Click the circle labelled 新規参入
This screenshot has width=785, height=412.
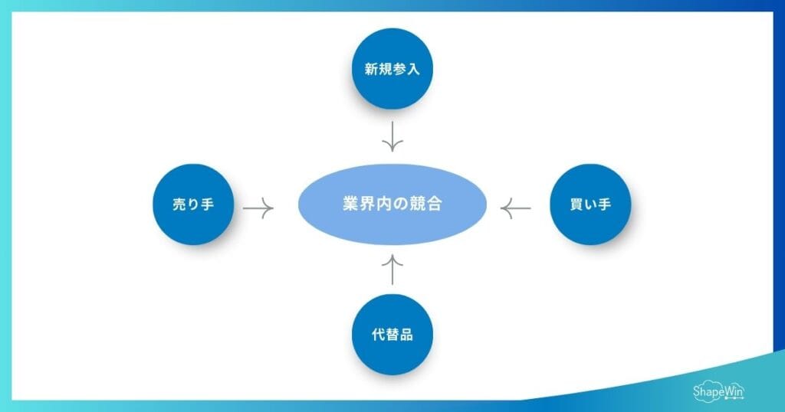tap(392, 69)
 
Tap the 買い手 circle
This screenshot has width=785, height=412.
tap(590, 204)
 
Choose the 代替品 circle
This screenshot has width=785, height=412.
tap(392, 335)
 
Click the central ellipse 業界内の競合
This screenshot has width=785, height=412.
tap(392, 204)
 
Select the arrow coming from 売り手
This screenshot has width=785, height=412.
tap(258, 207)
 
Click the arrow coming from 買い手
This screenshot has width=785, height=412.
tap(516, 207)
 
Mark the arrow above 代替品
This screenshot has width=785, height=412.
tap(392, 270)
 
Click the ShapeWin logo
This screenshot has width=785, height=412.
tap(718, 391)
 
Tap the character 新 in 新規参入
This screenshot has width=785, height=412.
tap(371, 70)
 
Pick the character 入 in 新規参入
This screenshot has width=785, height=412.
tap(414, 70)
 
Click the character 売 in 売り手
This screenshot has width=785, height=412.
tap(179, 205)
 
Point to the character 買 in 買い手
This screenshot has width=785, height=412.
tap(577, 205)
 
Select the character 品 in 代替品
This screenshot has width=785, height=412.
tap(407, 335)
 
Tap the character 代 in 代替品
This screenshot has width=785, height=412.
tap(378, 335)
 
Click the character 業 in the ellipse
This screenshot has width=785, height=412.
tap(350, 205)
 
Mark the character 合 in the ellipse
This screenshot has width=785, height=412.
tap(434, 205)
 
